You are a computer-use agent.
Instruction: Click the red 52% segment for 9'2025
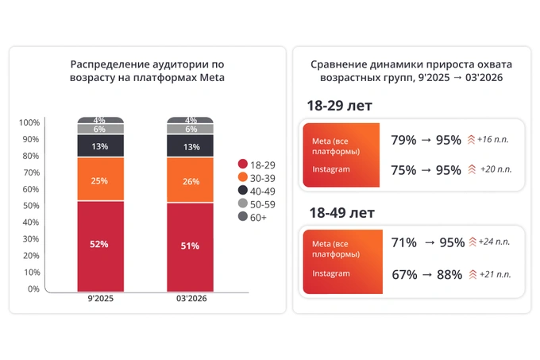tap(99, 245)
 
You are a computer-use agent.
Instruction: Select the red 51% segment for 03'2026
tap(189, 246)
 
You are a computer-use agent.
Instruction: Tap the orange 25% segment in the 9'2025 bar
tap(99, 180)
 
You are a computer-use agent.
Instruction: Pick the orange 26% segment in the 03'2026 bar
tap(189, 181)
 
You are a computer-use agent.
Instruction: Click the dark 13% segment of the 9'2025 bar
tap(99, 146)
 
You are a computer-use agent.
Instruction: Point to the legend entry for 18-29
tap(253, 163)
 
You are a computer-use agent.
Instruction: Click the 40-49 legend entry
tap(253, 190)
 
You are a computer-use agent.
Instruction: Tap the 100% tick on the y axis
tap(29, 123)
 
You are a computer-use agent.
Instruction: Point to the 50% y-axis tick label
tap(29, 206)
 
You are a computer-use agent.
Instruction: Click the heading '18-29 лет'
tap(339, 106)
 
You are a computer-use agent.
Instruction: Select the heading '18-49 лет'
tap(339, 213)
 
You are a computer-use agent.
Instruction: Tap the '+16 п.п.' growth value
tap(496, 140)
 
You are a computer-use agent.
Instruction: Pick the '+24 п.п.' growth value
tap(496, 242)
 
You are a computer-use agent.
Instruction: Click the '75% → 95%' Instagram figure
tap(426, 168)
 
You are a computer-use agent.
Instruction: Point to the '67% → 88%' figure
tap(426, 274)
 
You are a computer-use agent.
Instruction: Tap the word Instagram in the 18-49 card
tap(330, 273)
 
